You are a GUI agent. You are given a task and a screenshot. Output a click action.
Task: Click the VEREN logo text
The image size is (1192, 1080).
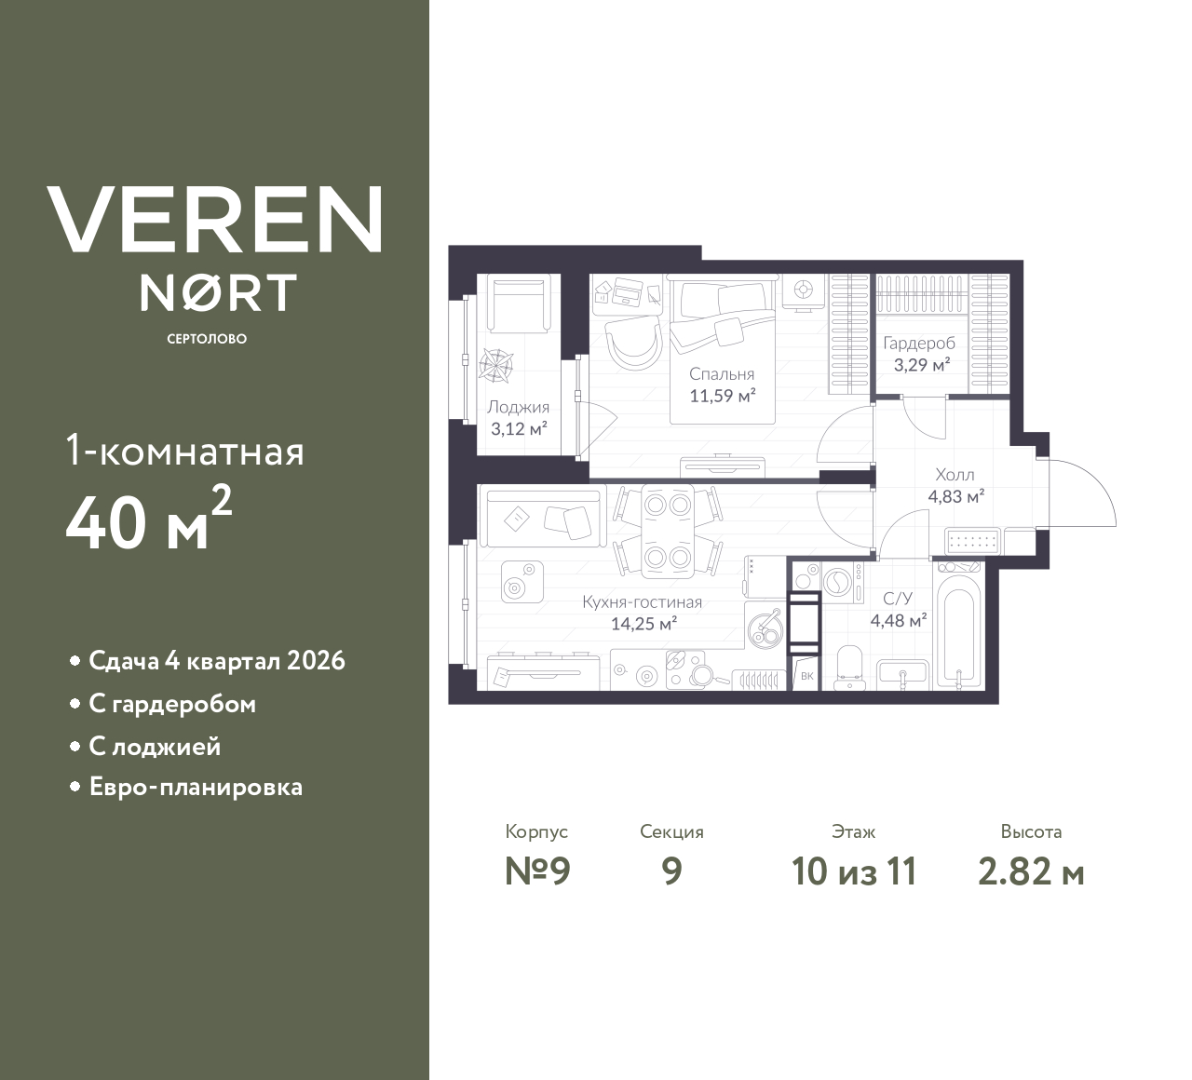pos(214,220)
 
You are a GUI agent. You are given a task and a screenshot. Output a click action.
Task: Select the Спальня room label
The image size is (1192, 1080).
pos(722,373)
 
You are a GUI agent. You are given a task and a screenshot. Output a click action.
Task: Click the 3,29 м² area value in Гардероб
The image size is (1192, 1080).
pos(922,364)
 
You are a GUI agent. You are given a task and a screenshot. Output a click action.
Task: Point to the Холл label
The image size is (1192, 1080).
pos(955,475)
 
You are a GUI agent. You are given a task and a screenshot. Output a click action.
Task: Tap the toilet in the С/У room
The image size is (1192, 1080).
pos(848,668)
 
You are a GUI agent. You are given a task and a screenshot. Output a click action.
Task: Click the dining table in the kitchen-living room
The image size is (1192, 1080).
pos(668,531)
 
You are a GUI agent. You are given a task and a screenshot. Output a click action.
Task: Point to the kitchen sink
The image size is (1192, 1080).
pos(764,630)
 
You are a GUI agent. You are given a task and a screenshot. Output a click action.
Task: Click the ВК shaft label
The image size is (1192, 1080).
pos(806,676)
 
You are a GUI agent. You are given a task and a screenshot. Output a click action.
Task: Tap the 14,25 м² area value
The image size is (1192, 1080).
pos(644,623)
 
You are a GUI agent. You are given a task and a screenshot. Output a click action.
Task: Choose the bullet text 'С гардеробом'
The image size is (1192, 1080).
pos(172,705)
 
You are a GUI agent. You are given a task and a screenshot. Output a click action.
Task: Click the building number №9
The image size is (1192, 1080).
pos(537,871)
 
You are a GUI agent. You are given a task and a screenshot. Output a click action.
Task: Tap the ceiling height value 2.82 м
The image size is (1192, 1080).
pos(1031,872)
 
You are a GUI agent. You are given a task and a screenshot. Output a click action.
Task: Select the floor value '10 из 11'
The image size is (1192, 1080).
pos(854,871)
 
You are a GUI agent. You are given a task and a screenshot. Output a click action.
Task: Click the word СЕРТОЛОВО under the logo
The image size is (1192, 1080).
pos(207,339)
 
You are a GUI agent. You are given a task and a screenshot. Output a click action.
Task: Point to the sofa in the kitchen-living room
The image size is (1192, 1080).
pos(543,517)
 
